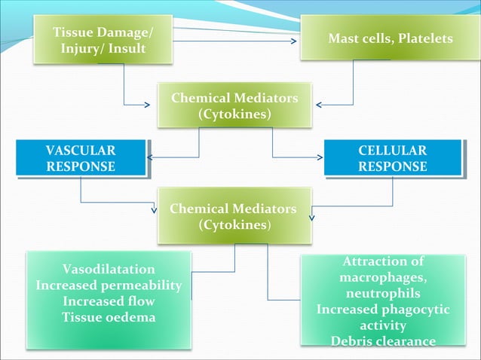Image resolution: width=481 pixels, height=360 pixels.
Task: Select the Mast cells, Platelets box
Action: (391, 38)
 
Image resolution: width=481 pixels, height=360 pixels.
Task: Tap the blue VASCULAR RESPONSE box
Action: (81, 158)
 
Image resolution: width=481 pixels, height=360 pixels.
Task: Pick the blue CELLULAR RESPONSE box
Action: (392, 158)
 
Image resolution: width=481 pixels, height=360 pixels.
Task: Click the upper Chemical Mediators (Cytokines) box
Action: (234, 106)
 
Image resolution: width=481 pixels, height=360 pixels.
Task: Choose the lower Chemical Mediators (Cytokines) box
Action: (233, 215)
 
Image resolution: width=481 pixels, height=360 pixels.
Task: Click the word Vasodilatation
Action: (109, 269)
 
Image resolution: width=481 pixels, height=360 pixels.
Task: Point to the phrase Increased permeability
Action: (109, 285)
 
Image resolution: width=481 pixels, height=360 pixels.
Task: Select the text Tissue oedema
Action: (109, 317)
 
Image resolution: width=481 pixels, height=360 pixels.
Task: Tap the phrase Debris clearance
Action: (383, 341)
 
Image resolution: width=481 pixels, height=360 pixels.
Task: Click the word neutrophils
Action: (383, 294)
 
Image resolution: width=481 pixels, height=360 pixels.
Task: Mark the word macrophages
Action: (383, 278)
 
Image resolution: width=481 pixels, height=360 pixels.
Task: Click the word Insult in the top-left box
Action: (143, 49)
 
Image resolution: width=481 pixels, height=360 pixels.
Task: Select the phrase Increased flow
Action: (109, 301)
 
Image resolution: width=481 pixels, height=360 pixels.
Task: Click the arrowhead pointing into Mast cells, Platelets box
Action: (294, 41)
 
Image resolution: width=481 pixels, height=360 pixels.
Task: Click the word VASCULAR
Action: (81, 151)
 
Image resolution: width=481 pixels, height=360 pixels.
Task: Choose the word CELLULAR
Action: (392, 151)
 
